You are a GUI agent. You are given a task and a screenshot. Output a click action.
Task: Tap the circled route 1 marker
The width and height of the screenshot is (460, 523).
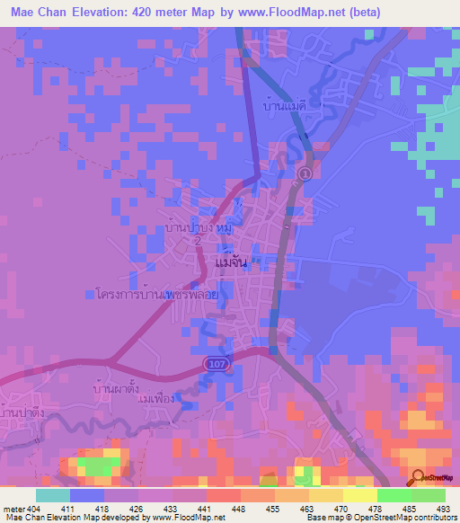(305, 173)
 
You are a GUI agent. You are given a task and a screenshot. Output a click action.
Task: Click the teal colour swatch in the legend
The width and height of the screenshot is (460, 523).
(52, 495)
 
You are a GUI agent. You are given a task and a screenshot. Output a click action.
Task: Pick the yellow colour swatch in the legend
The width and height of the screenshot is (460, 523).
(359, 495)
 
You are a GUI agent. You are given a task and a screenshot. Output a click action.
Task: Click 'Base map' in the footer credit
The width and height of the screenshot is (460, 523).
(318, 518)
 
